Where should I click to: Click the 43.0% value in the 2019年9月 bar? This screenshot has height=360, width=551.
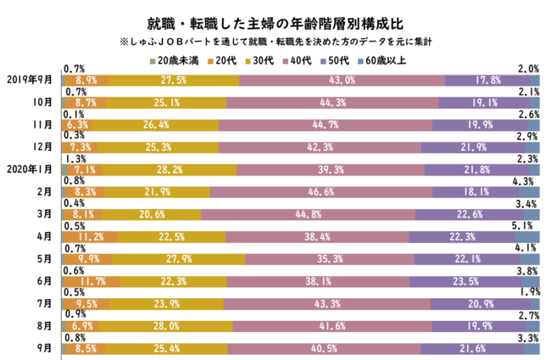(x=341, y=80)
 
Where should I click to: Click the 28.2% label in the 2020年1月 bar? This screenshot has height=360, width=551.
(x=169, y=169)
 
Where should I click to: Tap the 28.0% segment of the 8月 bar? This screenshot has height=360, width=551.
(x=165, y=325)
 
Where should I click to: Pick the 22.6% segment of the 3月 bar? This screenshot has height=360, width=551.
(x=465, y=213)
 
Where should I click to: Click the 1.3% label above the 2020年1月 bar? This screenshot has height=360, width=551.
(x=74, y=158)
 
